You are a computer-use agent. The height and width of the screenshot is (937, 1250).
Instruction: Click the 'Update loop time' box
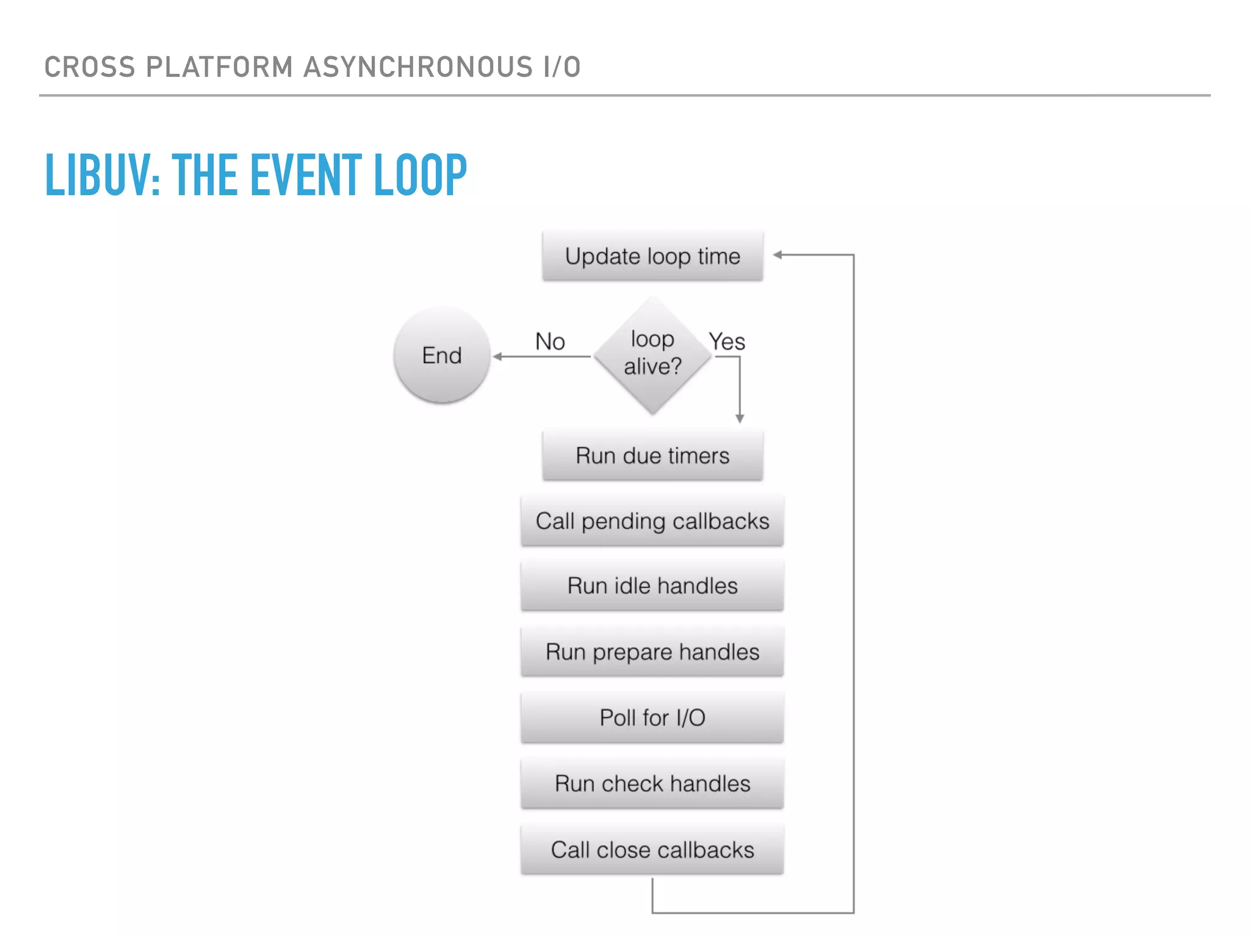(x=652, y=256)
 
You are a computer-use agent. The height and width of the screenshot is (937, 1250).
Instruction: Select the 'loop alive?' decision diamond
(x=652, y=354)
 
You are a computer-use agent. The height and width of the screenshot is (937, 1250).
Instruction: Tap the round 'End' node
(x=442, y=355)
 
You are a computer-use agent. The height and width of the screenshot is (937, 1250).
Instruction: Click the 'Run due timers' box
(x=652, y=456)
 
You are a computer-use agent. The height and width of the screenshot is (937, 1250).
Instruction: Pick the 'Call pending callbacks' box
(x=652, y=521)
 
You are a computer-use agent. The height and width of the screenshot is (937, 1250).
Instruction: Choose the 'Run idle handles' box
(x=652, y=586)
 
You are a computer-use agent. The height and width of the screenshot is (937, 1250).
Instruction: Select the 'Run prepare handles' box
(x=652, y=652)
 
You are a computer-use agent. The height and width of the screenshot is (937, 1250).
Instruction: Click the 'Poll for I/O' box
(x=652, y=717)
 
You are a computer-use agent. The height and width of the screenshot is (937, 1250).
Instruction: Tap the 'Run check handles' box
(x=652, y=783)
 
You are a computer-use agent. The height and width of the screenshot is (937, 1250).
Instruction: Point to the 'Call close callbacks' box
(x=652, y=849)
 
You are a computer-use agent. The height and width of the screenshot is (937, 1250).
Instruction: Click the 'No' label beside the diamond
(x=549, y=342)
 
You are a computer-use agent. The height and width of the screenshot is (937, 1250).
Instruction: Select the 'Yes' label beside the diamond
(x=727, y=342)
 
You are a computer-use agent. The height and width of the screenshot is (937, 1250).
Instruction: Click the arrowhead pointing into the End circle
(x=497, y=356)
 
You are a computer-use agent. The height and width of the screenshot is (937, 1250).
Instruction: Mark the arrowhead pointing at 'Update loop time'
(x=778, y=255)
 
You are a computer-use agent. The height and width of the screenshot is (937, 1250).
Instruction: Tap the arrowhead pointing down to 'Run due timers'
(x=740, y=418)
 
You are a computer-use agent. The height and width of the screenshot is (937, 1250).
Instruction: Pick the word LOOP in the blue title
(x=420, y=176)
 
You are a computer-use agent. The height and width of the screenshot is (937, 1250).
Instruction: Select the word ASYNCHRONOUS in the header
(x=417, y=67)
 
